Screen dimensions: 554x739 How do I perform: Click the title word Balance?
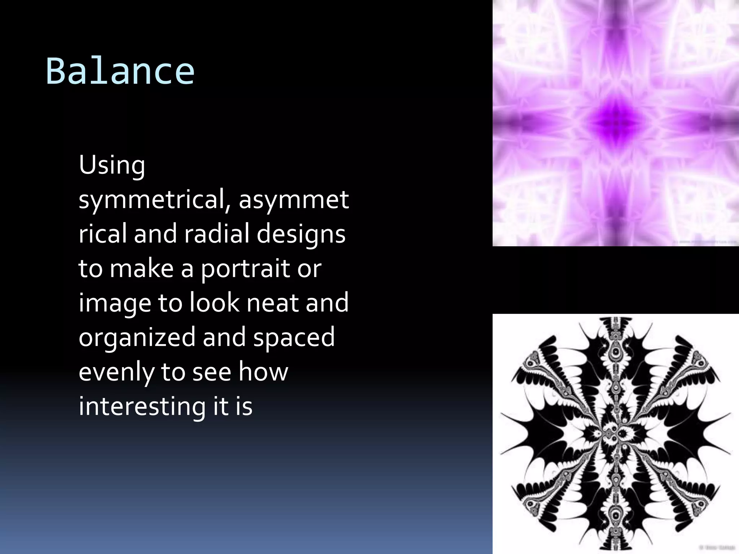120,71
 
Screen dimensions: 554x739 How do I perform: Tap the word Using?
112,165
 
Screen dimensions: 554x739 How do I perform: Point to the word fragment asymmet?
294,199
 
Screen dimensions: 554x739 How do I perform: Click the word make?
141,268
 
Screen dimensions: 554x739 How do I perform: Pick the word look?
214,302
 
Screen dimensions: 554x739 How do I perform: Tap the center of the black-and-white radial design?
616,434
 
